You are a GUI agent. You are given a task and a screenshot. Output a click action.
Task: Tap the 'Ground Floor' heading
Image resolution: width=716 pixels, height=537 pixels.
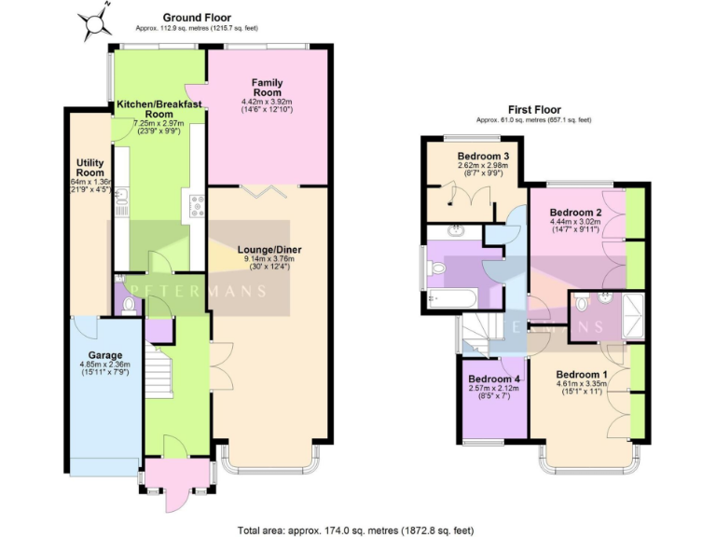(x=197, y=18)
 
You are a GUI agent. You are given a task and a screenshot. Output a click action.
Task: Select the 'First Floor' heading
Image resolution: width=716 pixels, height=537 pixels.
(x=533, y=109)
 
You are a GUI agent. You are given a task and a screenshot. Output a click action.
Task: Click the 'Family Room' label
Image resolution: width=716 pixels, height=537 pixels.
(x=267, y=88)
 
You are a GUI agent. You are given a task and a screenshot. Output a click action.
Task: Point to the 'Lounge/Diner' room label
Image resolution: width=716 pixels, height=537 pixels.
(x=268, y=250)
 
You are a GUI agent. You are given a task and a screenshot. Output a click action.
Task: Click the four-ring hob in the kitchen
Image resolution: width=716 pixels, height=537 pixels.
(x=197, y=205)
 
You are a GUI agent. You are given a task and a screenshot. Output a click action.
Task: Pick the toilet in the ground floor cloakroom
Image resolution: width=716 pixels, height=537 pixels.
(x=127, y=302)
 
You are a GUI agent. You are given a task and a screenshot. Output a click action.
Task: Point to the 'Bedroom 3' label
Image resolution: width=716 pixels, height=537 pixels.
(x=482, y=156)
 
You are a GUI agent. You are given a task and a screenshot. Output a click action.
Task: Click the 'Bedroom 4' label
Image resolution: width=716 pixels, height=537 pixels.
(x=493, y=379)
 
